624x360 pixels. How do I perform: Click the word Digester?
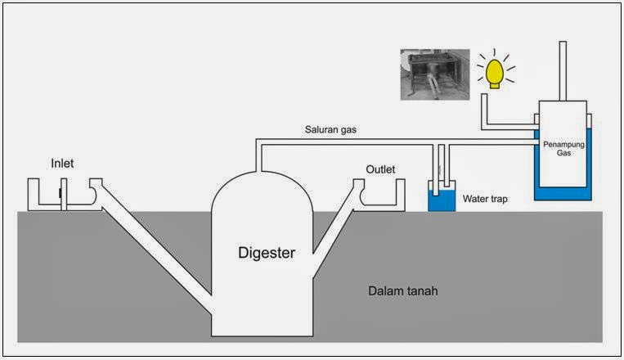[x=262, y=253]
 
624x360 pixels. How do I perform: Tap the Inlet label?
[x=62, y=164]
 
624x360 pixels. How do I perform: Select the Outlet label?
[x=380, y=169]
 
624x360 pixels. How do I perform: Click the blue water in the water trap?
[x=442, y=201]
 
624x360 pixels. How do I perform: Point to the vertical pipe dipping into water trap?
[x=442, y=168]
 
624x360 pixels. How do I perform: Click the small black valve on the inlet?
[x=61, y=194]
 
